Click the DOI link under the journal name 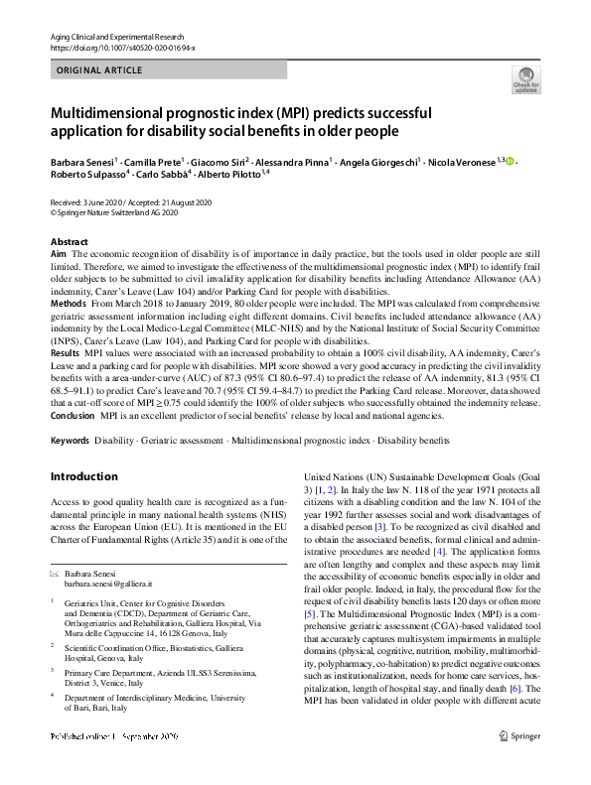pos(122,47)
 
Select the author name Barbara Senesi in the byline pos(82,161)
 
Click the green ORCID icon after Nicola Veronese pos(511,161)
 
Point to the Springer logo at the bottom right pos(518,763)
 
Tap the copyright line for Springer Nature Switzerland pos(114,211)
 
